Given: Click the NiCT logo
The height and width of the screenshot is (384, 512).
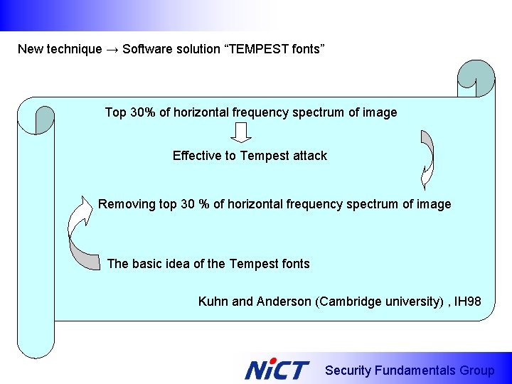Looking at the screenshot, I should click(x=277, y=370).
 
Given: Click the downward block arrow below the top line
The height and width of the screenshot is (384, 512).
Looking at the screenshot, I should click(x=242, y=132).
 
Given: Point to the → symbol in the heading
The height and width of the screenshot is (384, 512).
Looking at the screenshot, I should click(x=112, y=49).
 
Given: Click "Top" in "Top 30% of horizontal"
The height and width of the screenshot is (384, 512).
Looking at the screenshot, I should click(x=116, y=112).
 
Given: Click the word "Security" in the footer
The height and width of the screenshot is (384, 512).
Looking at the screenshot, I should click(x=348, y=370).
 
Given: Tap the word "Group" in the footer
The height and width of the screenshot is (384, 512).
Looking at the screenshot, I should click(x=476, y=370).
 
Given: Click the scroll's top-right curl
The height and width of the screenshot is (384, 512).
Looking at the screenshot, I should click(x=475, y=78).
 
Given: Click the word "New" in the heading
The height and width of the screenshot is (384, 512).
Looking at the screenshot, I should click(x=29, y=49).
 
